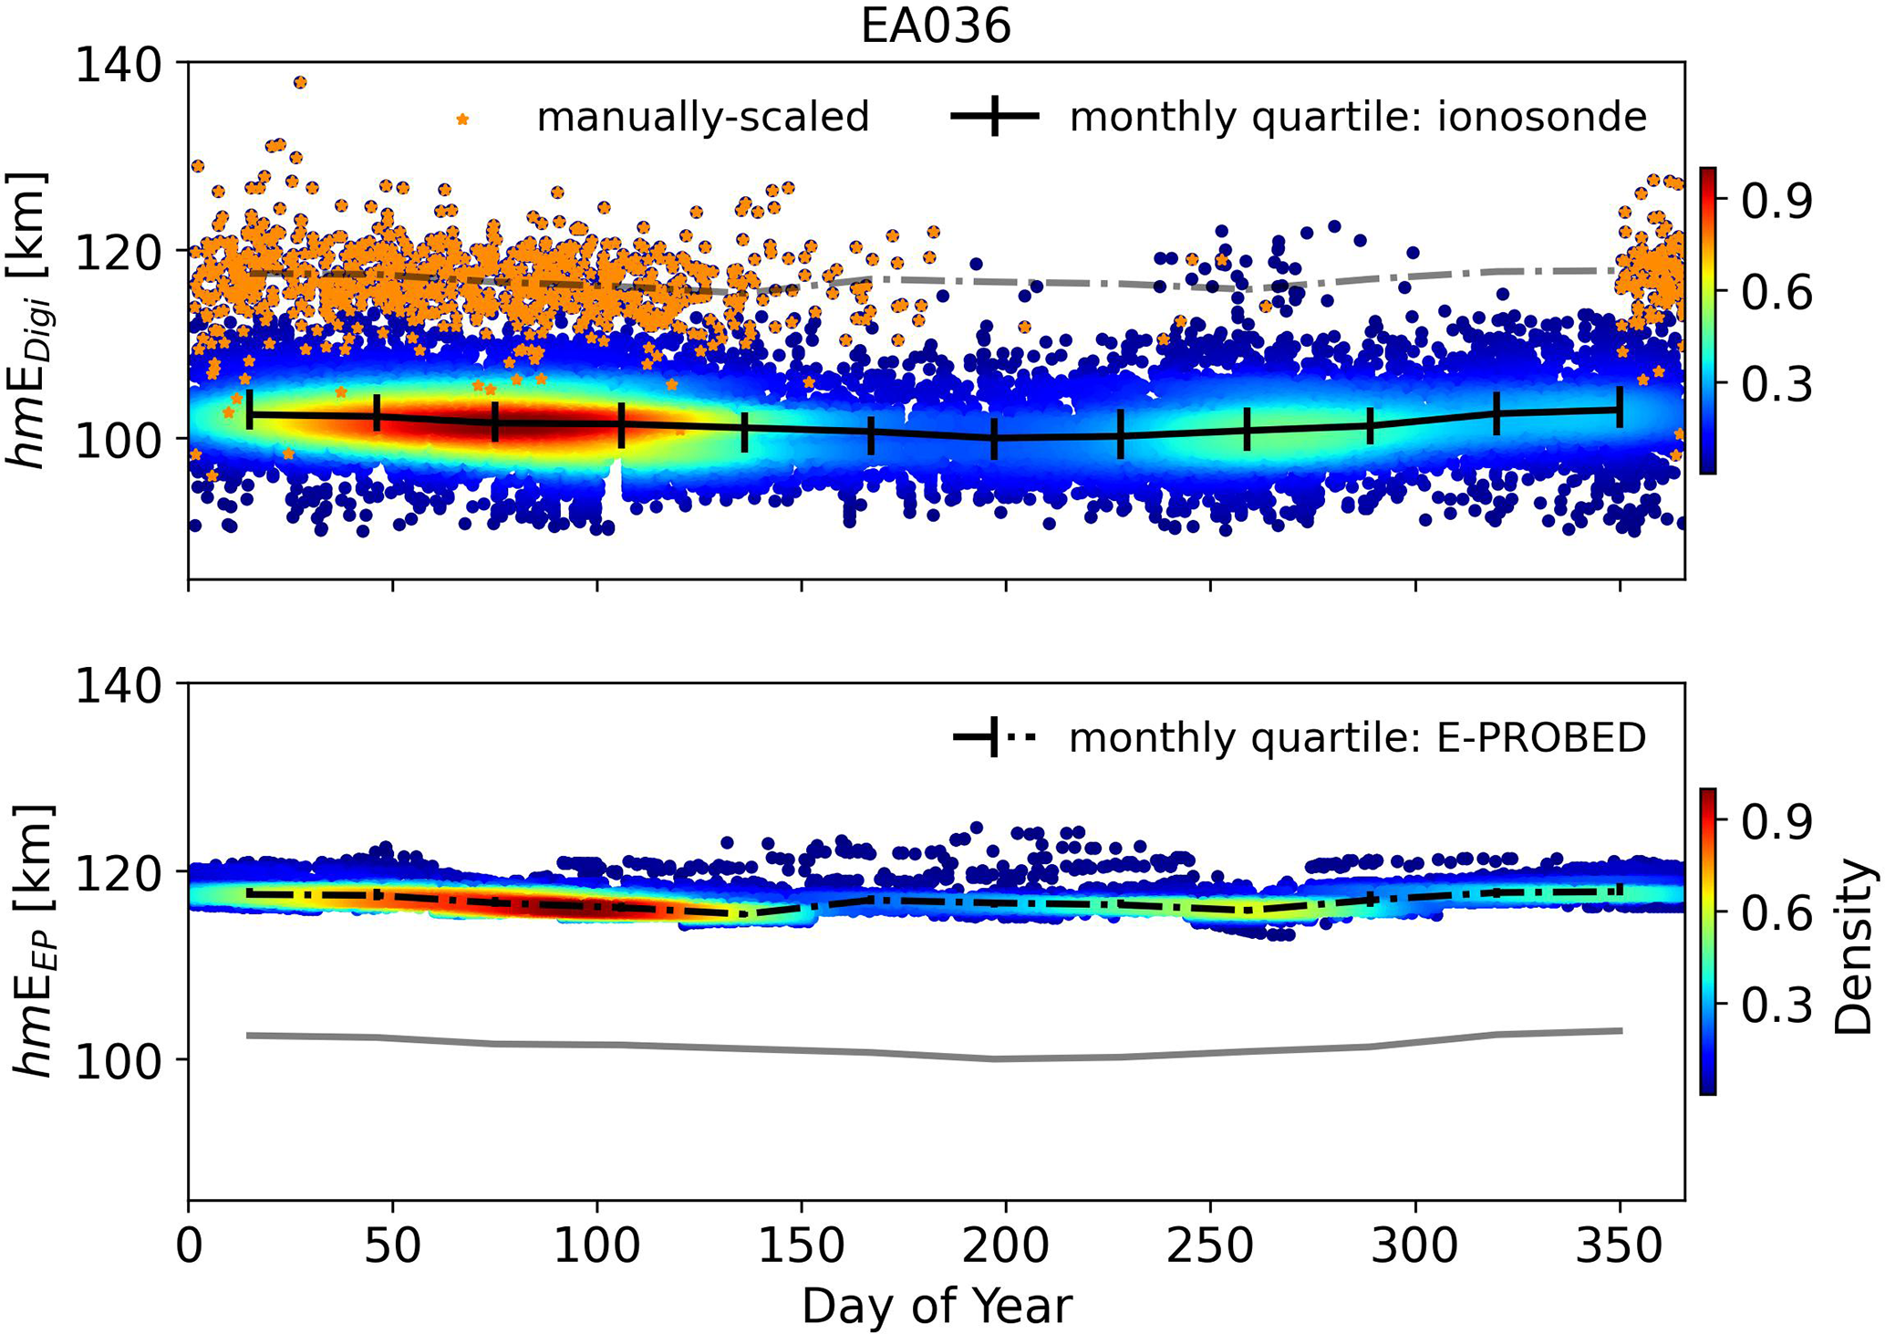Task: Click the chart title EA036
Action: click(936, 27)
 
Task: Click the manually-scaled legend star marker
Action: click(463, 120)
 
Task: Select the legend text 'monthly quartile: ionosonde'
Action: click(1357, 118)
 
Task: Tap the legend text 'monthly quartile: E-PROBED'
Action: click(1357, 738)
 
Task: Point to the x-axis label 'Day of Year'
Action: click(936, 1306)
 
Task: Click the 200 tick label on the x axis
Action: click(1005, 1245)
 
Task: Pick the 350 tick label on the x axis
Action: click(1619, 1245)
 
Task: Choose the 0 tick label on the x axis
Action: click(189, 1245)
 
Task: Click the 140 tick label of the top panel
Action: click(117, 66)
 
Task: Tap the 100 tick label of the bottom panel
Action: click(117, 1061)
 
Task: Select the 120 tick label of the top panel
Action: click(117, 253)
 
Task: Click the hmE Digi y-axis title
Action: click(29, 319)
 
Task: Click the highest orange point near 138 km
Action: click(300, 83)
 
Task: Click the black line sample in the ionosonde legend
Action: click(995, 117)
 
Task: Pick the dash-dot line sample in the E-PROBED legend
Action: click(995, 737)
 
